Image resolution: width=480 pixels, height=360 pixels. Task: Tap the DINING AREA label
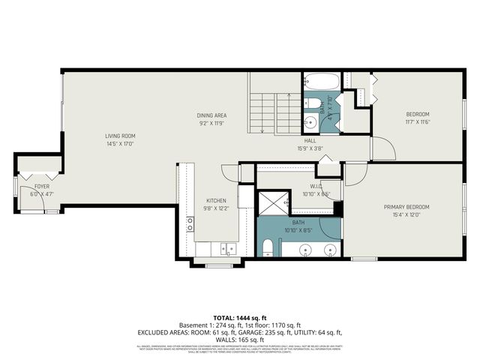211,115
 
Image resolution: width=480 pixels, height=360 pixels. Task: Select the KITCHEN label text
216,200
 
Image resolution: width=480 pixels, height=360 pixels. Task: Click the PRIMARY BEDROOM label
406,207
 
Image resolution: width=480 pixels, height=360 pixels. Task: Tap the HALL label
310,140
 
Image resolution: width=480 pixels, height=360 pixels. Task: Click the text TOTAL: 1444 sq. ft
240,318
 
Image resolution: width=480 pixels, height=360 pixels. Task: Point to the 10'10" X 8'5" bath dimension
298,230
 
